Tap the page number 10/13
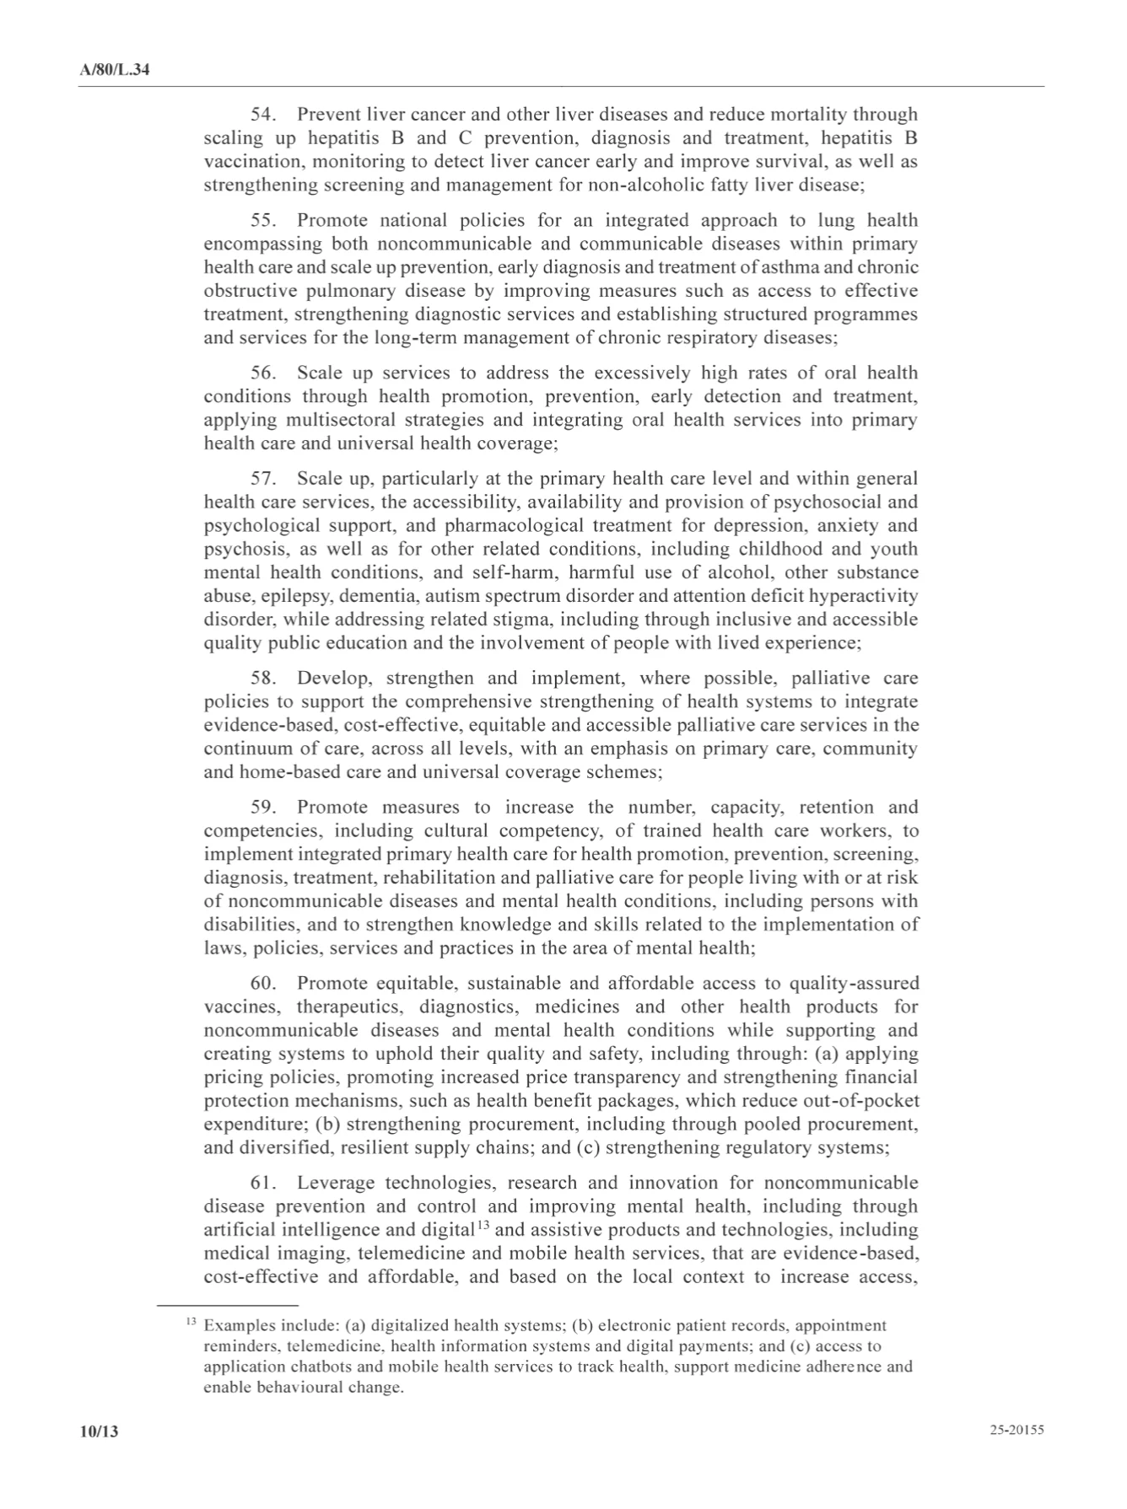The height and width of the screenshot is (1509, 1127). click(98, 1431)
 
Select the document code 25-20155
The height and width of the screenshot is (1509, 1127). click(1017, 1430)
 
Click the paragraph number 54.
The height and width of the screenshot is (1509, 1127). click(264, 115)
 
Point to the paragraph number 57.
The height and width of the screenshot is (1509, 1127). click(264, 479)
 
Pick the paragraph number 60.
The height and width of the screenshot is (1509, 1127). click(264, 983)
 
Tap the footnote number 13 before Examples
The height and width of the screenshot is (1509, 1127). click(191, 1322)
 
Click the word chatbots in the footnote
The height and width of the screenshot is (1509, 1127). click(313, 1367)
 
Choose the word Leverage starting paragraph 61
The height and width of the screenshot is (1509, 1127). click(333, 1184)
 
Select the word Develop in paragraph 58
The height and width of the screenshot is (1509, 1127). click(333, 679)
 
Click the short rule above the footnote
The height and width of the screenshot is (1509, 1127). click(228, 1304)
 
